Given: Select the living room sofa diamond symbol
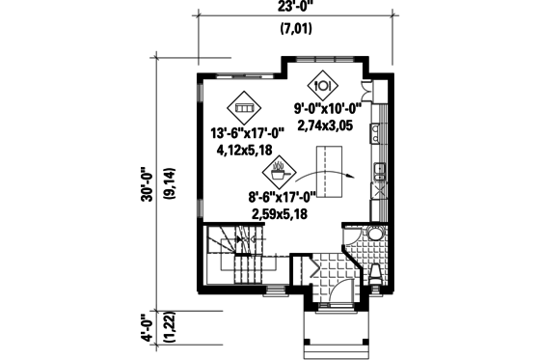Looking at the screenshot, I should tap(244, 108).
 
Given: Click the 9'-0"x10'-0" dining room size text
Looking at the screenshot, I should tap(328, 109).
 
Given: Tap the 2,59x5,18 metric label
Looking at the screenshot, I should tap(282, 216).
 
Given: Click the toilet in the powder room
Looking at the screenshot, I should tap(375, 274).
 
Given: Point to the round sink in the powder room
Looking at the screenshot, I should tap(372, 233).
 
